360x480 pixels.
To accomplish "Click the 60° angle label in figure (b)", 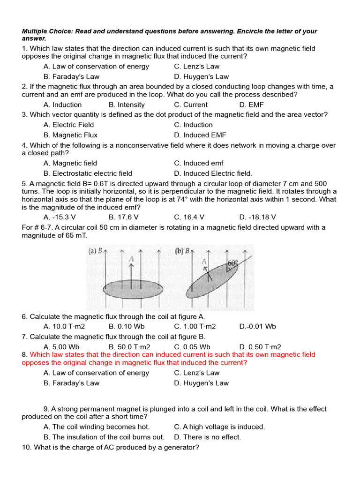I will [x=233, y=263].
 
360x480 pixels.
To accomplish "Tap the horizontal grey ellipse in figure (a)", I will [x=133, y=289].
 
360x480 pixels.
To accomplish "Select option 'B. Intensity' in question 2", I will [x=127, y=105].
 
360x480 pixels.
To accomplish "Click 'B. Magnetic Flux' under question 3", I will [x=70, y=135].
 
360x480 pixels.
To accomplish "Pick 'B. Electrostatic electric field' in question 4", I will [x=88, y=173].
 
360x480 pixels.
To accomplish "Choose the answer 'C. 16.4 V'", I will [x=189, y=217].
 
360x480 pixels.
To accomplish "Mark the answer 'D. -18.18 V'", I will [x=257, y=217].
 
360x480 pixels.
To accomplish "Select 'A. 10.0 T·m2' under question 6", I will [x=64, y=326].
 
